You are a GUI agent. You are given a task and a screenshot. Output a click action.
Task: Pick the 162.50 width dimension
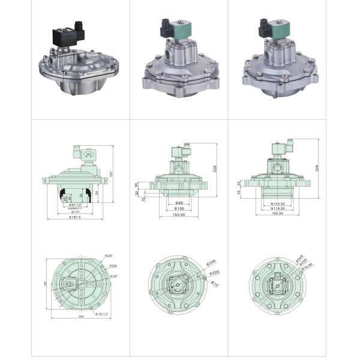(277, 214)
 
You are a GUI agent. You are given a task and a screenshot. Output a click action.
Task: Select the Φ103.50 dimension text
(277, 203)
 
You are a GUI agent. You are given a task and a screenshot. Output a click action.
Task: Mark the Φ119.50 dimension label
(277, 209)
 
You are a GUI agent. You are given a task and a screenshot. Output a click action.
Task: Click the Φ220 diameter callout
(109, 256)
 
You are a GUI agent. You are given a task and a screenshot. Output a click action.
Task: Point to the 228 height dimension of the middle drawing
(214, 169)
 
